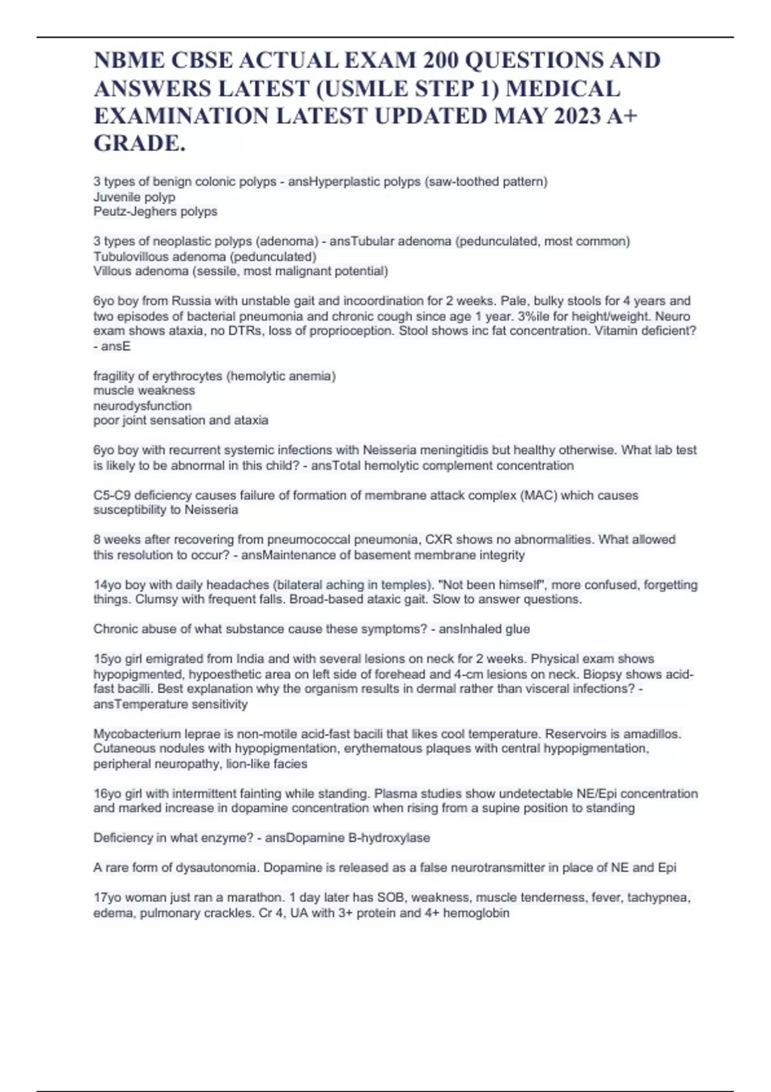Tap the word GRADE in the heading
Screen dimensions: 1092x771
tap(137, 143)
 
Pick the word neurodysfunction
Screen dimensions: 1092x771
tap(143, 405)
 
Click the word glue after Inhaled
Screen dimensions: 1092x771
tap(517, 629)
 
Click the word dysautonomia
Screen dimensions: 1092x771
tap(217, 868)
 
